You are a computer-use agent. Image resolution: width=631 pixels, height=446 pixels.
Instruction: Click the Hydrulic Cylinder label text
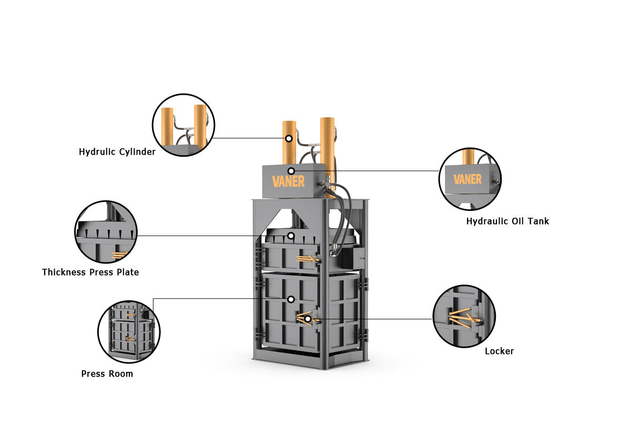point(117,152)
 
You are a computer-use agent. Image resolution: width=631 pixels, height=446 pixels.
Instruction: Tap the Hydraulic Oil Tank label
point(507,221)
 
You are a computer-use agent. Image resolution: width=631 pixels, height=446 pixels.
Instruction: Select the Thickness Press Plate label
point(90,272)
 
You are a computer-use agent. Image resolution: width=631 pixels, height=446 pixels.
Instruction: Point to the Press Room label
point(107,373)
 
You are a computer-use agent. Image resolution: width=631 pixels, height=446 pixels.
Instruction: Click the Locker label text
point(500,351)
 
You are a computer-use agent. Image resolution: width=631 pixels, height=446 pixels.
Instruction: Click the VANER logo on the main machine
point(288,181)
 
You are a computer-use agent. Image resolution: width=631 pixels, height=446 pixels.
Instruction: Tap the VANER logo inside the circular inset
point(467,179)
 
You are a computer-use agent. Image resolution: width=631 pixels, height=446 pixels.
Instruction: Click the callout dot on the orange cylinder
point(289,139)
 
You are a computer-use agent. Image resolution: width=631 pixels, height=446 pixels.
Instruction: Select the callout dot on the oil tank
point(291,171)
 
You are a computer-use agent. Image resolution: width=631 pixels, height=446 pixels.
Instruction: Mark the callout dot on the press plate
point(291,236)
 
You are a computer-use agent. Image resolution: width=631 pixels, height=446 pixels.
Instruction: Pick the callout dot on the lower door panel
point(291,299)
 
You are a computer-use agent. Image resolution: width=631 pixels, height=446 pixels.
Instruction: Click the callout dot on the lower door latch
point(308,319)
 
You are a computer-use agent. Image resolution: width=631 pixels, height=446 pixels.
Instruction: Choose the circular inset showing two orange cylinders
point(184,125)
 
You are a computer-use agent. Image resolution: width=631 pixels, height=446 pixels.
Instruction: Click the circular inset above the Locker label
point(464,316)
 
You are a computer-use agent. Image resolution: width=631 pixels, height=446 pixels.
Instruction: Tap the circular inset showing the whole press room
point(129,332)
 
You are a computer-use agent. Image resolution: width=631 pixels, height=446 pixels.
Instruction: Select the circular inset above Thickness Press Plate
point(106,232)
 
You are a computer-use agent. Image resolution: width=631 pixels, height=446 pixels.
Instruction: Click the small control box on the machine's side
point(353,258)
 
